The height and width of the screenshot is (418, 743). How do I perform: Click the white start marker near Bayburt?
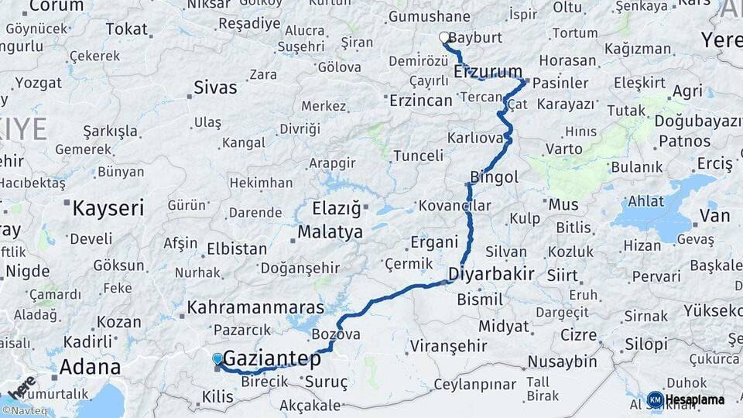click(444, 37)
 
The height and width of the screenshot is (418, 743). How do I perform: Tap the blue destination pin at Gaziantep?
click(217, 359)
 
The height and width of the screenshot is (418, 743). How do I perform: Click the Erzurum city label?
click(488, 72)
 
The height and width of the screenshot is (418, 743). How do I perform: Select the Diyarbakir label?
click(491, 274)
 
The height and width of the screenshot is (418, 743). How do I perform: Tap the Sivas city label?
click(215, 87)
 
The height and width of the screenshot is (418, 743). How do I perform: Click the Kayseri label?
click(108, 207)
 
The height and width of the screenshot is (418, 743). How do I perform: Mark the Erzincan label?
click(420, 101)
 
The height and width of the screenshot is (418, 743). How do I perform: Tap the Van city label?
click(714, 214)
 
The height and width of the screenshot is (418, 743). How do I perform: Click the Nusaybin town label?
click(562, 361)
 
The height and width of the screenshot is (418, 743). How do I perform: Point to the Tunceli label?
click(418, 156)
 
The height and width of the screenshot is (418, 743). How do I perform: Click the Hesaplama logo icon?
click(656, 399)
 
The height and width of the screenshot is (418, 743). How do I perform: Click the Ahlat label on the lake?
click(645, 201)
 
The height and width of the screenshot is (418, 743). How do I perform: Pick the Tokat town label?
click(126, 29)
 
